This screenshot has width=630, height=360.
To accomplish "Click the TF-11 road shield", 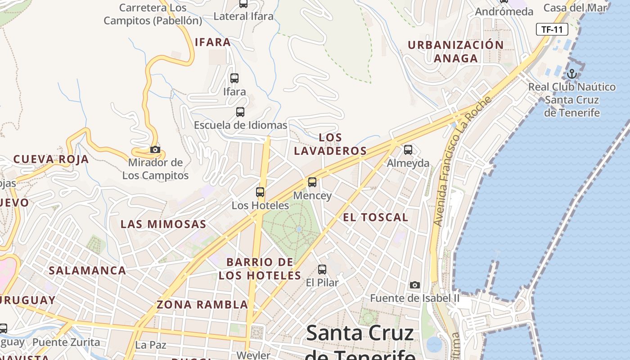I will [552, 30].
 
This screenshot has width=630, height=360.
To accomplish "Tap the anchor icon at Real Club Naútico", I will [572, 74].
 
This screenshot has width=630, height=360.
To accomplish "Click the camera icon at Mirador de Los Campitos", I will [155, 149].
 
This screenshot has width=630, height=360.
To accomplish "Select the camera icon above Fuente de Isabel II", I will [415, 285].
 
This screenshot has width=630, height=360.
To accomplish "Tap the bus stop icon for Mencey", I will [312, 182].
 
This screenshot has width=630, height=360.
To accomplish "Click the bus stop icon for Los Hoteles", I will [260, 192].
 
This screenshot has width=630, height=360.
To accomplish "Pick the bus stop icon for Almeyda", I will [408, 149].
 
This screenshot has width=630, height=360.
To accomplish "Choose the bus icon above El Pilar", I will [322, 270].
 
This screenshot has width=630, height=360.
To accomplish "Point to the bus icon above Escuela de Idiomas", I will [240, 112].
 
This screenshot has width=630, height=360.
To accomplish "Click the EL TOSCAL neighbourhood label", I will [375, 217].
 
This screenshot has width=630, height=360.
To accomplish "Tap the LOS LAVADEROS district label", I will [330, 144].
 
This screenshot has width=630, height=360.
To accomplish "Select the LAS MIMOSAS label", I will [163, 224].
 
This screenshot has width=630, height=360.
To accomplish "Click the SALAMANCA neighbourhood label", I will [87, 270].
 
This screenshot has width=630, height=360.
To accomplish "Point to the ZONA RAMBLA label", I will [202, 305].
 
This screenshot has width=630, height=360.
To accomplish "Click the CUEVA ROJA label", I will [51, 159].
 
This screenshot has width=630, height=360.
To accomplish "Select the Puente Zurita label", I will [66, 342].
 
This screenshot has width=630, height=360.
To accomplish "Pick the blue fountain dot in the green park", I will [299, 229].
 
